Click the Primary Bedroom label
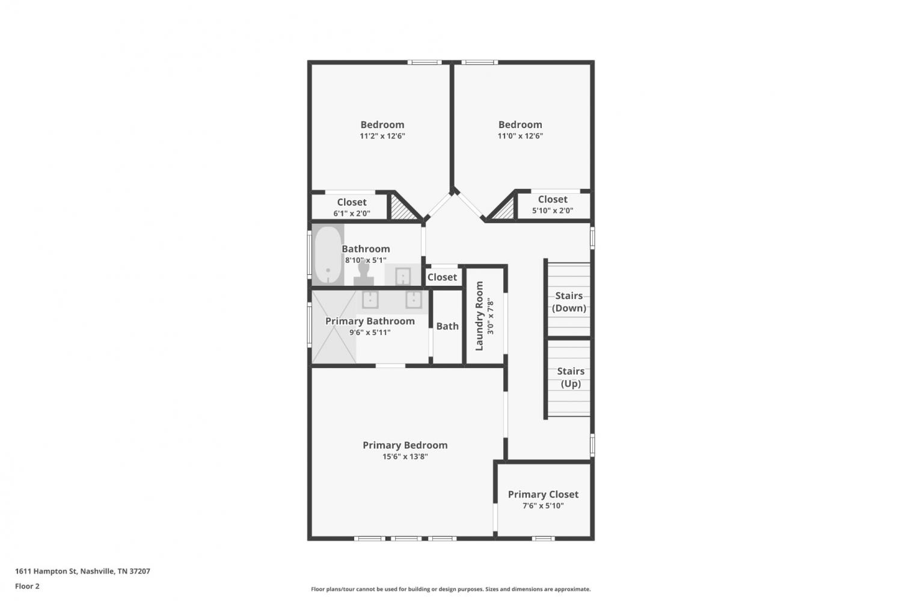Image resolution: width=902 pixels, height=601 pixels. click(405, 445)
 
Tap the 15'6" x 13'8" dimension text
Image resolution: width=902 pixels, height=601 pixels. click(405, 457)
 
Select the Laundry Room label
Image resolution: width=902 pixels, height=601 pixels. click(479, 316)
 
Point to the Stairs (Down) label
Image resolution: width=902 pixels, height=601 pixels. click(569, 302)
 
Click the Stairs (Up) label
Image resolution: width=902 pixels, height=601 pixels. click(571, 377)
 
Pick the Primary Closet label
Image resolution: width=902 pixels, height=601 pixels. click(543, 495)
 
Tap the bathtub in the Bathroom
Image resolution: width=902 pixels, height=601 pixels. click(328, 254)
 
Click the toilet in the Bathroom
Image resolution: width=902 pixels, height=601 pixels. click(364, 273)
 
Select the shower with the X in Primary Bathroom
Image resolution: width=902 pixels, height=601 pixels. click(334, 327)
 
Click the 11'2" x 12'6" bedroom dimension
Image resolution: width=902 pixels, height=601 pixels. click(382, 136)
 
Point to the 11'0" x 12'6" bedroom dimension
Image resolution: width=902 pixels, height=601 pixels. click(520, 136)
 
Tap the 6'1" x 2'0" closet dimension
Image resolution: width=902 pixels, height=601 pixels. click(352, 213)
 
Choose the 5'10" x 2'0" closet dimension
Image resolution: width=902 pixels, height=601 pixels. click(553, 211)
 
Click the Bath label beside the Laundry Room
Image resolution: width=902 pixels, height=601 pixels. click(447, 326)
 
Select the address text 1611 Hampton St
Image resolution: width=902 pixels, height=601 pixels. click(46, 571)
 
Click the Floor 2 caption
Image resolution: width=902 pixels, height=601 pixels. click(28, 586)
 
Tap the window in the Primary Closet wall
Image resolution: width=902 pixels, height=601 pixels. click(543, 538)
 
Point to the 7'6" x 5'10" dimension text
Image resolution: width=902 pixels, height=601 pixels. click(543, 505)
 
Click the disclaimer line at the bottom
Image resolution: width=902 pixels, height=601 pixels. click(450, 589)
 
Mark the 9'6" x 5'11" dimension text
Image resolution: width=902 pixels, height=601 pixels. click(370, 332)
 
